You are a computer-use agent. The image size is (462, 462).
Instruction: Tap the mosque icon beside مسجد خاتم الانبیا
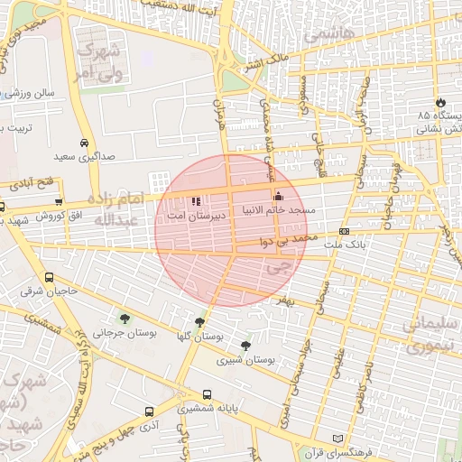tap(278, 197)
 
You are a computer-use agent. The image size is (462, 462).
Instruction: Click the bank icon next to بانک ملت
tap(344, 232)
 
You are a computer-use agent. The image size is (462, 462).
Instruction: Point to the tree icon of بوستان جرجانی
tap(124, 318)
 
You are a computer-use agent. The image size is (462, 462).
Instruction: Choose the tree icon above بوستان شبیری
tap(245, 346)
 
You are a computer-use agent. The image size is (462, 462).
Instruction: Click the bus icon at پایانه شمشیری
tap(208, 394)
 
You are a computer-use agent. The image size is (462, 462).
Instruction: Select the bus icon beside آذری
tap(148, 410)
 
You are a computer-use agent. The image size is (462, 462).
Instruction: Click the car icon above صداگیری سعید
tap(84, 143)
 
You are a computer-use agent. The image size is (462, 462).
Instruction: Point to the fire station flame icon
tap(440, 103)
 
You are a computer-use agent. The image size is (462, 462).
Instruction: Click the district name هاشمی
tap(330, 34)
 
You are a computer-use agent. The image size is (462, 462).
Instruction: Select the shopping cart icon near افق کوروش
tap(59, 202)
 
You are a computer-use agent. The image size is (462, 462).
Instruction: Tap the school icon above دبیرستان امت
tap(196, 202)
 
